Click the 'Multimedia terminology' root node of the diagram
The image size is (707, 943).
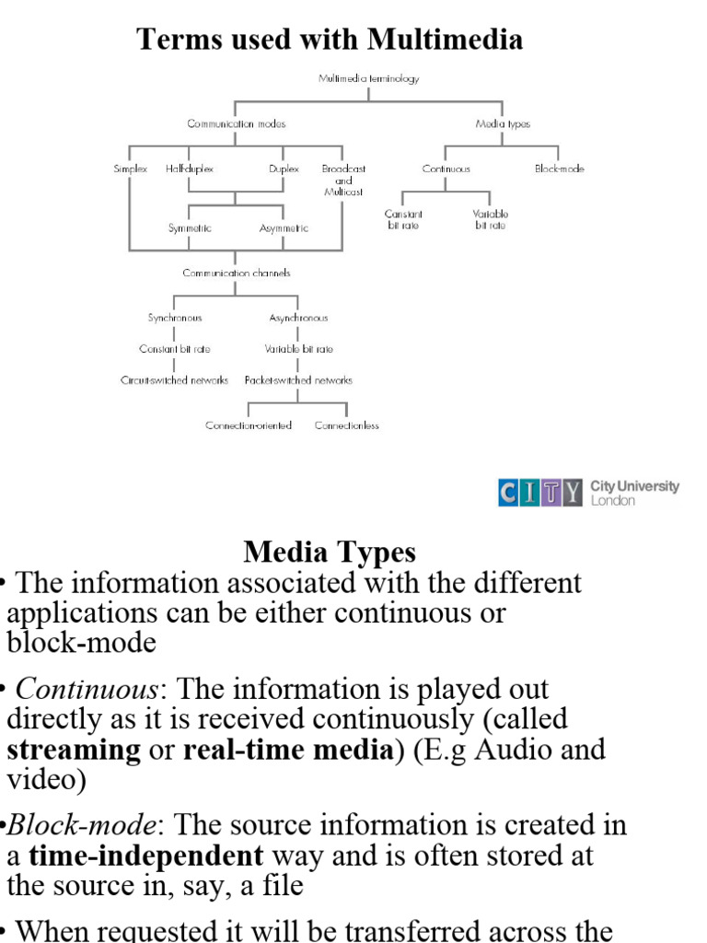tap(369, 79)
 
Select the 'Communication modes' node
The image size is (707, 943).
tap(237, 123)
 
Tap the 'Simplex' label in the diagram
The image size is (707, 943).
tap(130, 169)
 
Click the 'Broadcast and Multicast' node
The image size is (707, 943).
tap(343, 180)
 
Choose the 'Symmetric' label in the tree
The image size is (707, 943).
tap(190, 228)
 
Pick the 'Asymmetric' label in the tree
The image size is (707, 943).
tap(284, 228)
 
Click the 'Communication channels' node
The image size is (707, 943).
tap(237, 274)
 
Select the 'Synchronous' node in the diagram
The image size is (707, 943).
tap(175, 318)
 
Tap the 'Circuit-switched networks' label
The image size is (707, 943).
tap(175, 380)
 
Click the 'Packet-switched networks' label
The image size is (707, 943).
tap(298, 380)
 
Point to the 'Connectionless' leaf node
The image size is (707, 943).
tap(347, 425)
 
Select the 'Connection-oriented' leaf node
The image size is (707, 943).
tap(249, 425)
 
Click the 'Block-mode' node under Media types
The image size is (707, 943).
tap(560, 169)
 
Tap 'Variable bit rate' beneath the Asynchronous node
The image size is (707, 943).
tap(298, 349)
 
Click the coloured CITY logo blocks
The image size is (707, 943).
tap(540, 493)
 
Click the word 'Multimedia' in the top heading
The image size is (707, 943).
tap(445, 39)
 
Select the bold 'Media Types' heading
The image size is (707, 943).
tap(330, 553)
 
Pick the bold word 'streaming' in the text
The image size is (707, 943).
tap(75, 750)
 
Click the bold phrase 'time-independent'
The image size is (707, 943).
tap(146, 856)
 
